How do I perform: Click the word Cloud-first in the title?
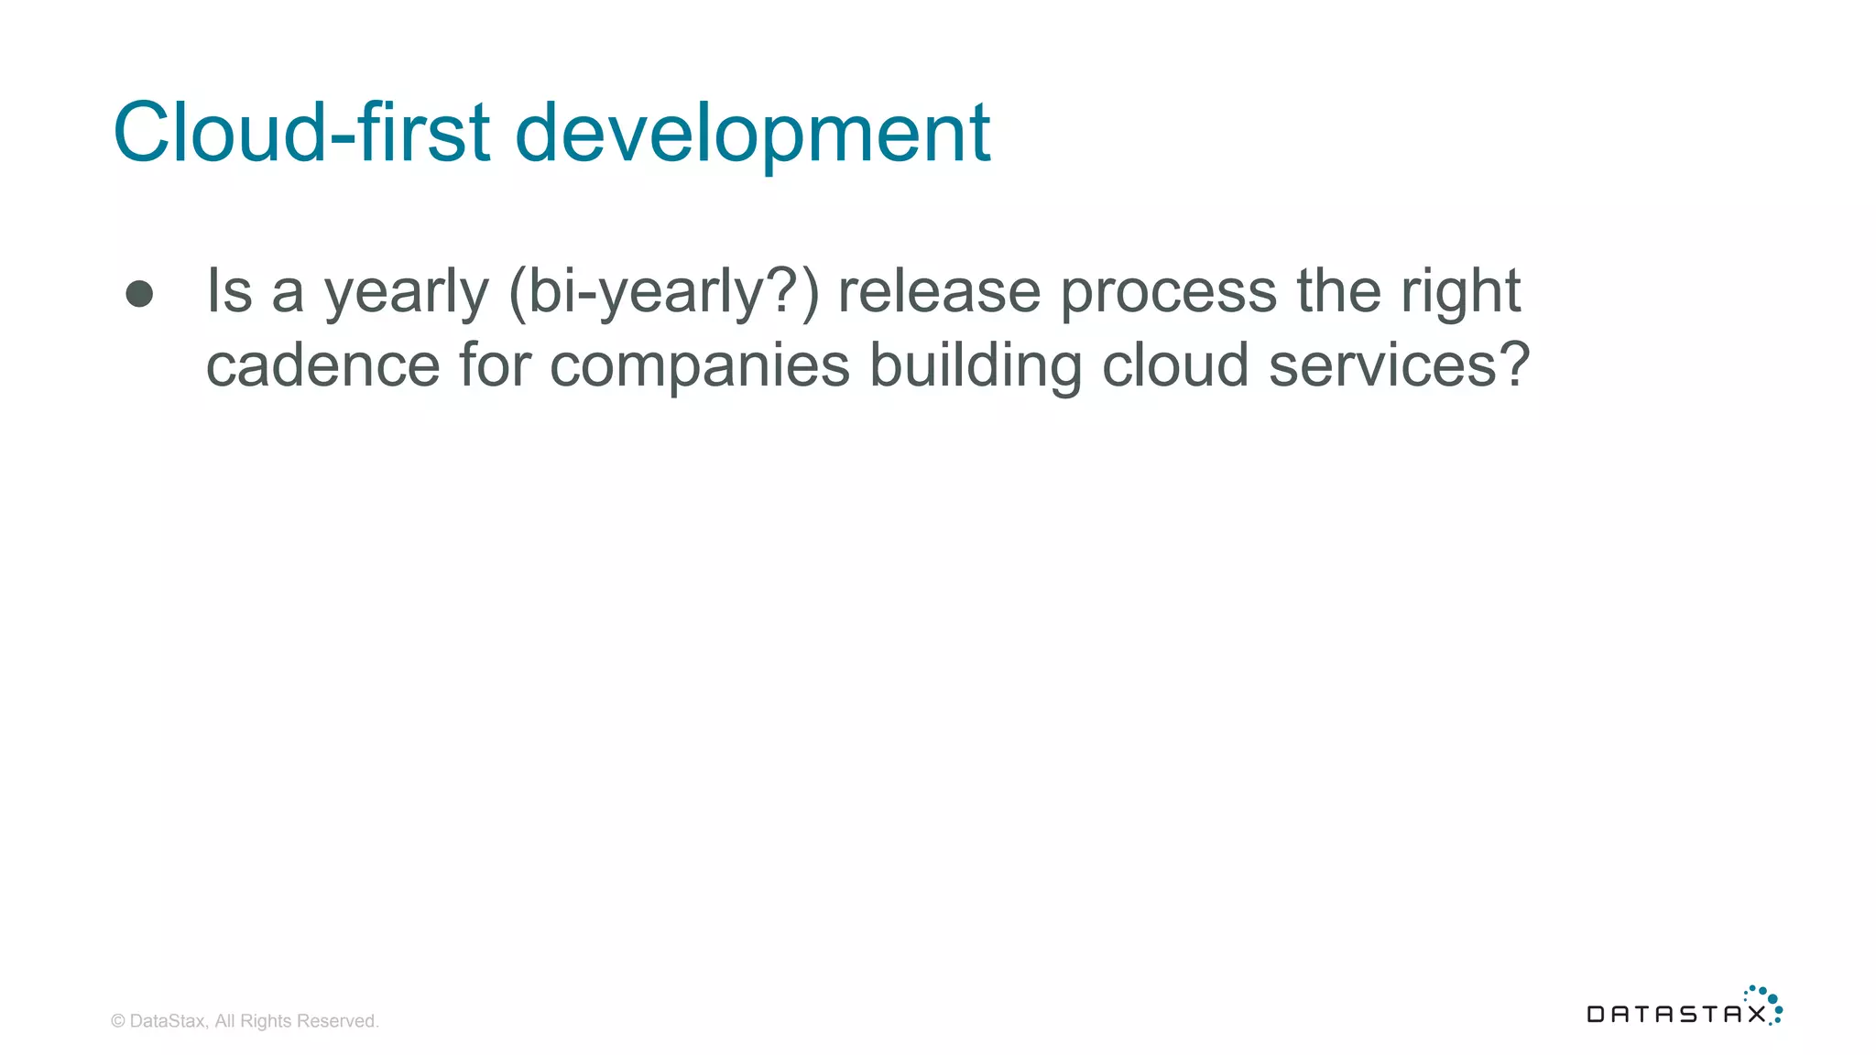pos(301,133)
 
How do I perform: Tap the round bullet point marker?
pos(139,293)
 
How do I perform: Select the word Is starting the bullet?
pos(229,291)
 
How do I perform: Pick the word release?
pos(939,291)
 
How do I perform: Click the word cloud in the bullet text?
pos(1175,365)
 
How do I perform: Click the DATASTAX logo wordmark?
pos(1676,1014)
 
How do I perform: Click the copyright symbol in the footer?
pos(118,1021)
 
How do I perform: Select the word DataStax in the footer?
pos(169,1021)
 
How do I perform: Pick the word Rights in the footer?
pos(266,1021)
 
